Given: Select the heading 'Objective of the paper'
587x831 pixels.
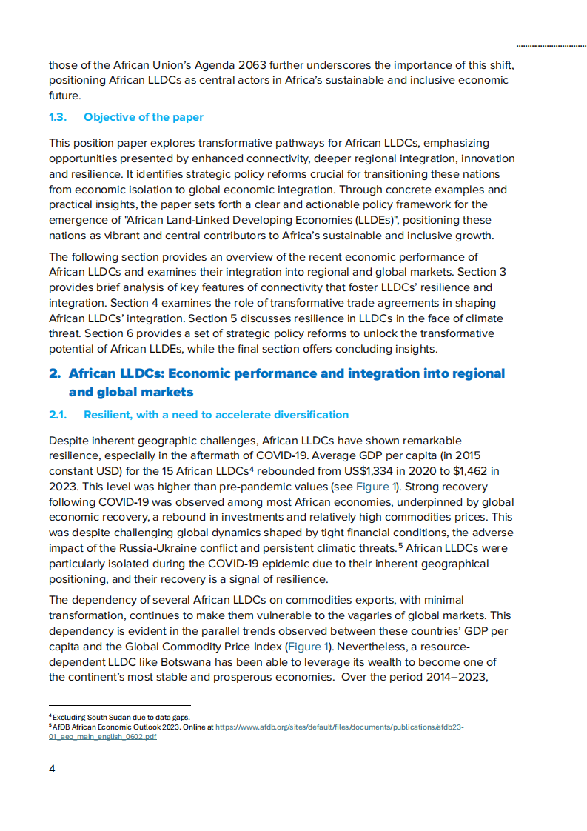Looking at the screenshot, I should tap(144, 117).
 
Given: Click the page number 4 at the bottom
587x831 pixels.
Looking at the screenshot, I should tap(52, 768).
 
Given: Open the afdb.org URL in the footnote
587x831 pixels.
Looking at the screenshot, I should tap(339, 727).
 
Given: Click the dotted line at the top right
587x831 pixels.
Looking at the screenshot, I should tap(551, 45).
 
